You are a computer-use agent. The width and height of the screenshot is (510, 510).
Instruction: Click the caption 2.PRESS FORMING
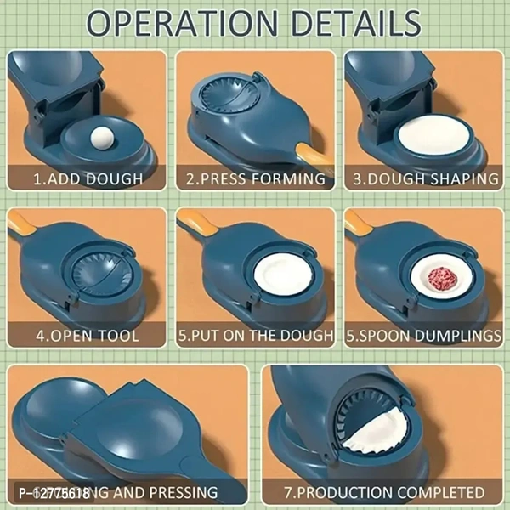coord(256,178)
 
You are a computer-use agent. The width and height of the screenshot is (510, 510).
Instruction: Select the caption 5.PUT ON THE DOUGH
coord(256,336)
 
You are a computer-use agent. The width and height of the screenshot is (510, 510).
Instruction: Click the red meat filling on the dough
coord(443,277)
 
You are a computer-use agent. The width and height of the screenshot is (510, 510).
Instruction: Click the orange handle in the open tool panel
coord(24,224)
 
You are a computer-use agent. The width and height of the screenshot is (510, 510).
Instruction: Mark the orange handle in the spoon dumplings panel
coord(358,224)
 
